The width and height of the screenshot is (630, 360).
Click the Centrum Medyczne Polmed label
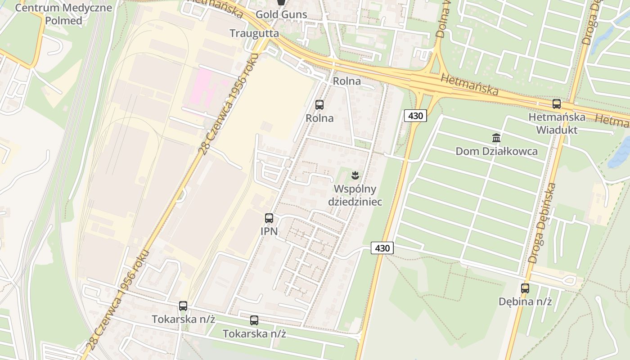pyautogui.click(x=63, y=14)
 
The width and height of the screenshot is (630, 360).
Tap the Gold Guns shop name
pyautogui.click(x=281, y=14)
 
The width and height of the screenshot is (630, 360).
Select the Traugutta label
pyautogui.click(x=254, y=33)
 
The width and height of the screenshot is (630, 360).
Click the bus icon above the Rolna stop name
pyautogui.click(x=319, y=105)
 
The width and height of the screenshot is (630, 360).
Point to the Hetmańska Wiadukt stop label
pyautogui.click(x=557, y=123)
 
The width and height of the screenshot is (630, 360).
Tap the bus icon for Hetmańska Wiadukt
pyautogui.click(x=557, y=104)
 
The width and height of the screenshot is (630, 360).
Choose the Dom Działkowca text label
pyautogui.click(x=496, y=151)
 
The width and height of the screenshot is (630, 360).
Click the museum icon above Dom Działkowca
pyautogui.click(x=496, y=138)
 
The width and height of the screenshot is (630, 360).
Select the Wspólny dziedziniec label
pyautogui.click(x=355, y=195)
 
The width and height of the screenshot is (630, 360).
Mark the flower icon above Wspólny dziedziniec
pyautogui.click(x=355, y=175)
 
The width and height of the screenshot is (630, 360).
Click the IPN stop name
pyautogui.click(x=269, y=232)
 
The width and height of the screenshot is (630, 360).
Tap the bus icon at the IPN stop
pyautogui.click(x=269, y=218)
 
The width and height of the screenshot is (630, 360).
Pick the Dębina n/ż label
pyautogui.click(x=525, y=301)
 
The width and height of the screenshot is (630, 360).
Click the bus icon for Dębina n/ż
pyautogui.click(x=525, y=288)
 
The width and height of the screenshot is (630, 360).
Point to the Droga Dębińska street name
pyautogui.click(x=543, y=223)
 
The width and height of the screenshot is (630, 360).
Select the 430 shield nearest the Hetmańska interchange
pyautogui.click(x=415, y=116)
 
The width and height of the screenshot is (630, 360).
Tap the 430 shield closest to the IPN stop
pyautogui.click(x=382, y=248)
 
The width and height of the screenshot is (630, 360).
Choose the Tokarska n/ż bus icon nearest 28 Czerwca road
pyautogui.click(x=183, y=306)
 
